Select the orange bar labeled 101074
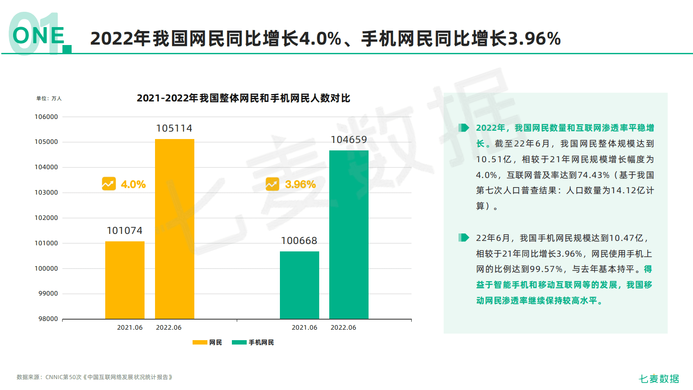click(x=124, y=280)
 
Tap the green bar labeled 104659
click(x=348, y=234)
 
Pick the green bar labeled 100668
click(x=299, y=285)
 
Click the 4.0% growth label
click(x=133, y=185)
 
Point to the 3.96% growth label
click(x=300, y=185)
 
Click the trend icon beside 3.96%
click(x=272, y=184)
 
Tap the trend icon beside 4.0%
click(x=109, y=184)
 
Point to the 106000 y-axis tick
click(x=46, y=117)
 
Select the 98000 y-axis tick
click(x=48, y=319)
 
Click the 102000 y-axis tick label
click(x=46, y=218)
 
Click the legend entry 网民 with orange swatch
click(x=207, y=342)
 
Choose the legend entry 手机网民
click(x=253, y=342)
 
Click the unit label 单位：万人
click(x=49, y=98)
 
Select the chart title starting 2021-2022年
click(x=243, y=98)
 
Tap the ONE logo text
click(x=38, y=36)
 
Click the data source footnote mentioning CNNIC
click(x=94, y=377)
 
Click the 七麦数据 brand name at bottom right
click(x=659, y=379)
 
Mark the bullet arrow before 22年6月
click(x=463, y=237)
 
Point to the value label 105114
click(x=174, y=128)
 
